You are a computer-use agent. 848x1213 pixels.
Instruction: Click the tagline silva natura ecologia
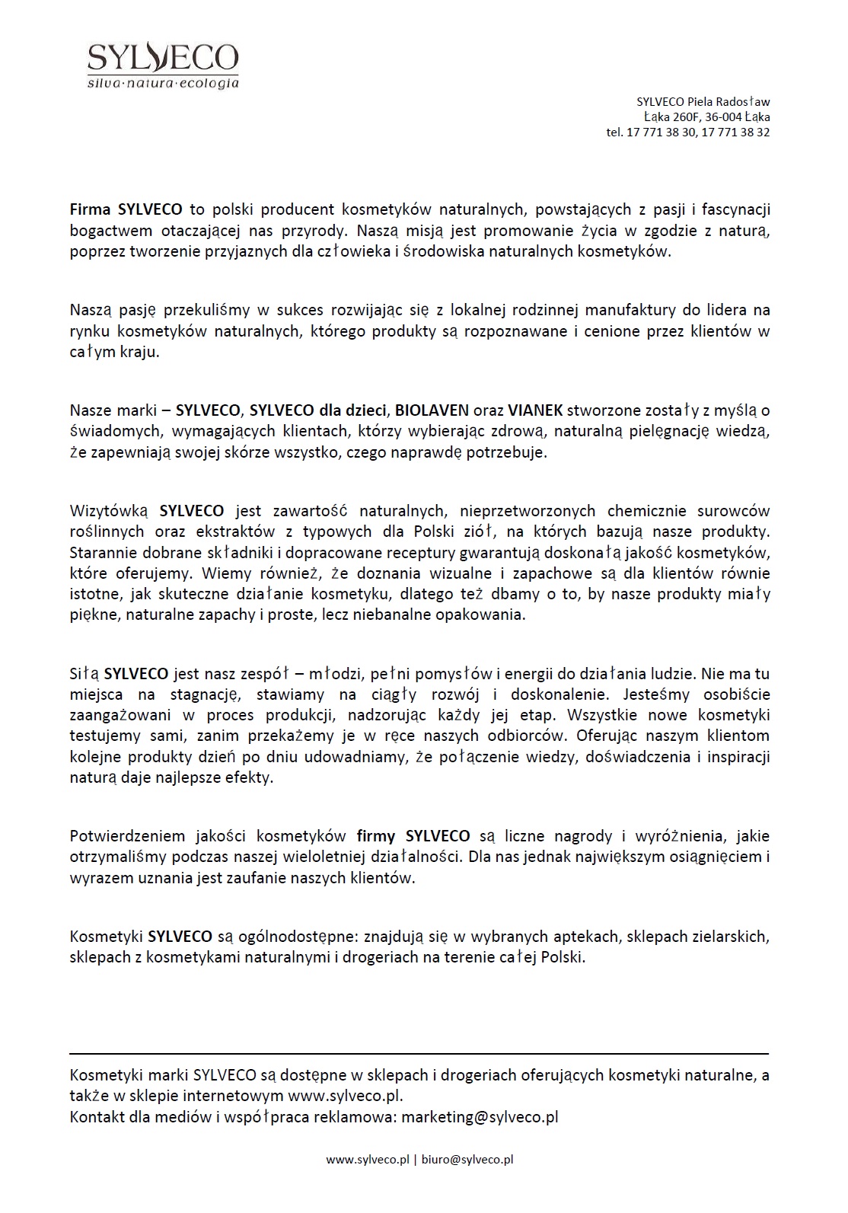tap(163, 82)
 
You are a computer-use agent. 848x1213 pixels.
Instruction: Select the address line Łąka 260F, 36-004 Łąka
tap(706, 117)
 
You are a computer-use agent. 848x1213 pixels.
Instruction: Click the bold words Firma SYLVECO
tap(126, 209)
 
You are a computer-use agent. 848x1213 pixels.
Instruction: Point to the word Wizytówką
tap(110, 511)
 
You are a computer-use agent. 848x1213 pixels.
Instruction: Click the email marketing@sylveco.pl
tap(480, 1117)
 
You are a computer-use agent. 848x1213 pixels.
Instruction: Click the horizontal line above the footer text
tap(419, 1054)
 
